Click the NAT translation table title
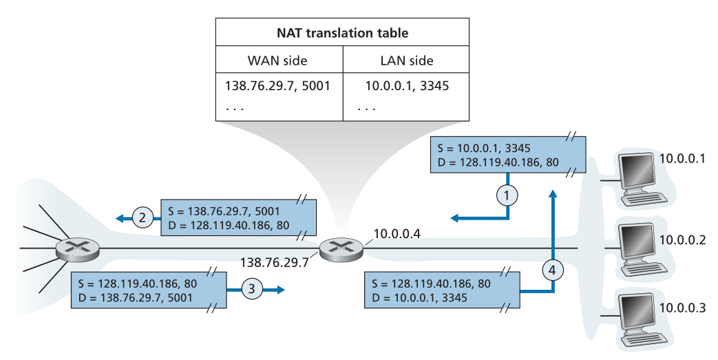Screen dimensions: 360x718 (x=342, y=32)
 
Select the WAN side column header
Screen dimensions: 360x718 (x=279, y=61)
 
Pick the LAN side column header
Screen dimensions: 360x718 (x=406, y=61)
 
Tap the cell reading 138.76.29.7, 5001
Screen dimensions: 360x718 (x=277, y=87)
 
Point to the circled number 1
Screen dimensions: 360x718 (x=507, y=195)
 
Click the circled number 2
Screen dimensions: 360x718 (x=142, y=219)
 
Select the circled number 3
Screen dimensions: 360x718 (x=252, y=290)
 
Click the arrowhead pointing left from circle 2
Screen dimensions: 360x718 (x=120, y=219)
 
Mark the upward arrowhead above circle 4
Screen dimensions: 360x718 (x=552, y=195)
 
